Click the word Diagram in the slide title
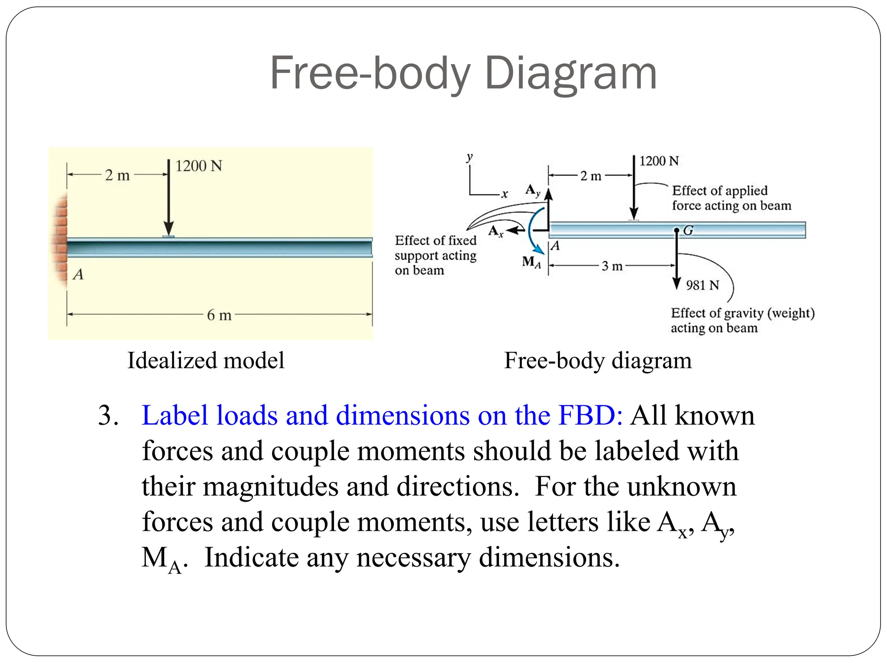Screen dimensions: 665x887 coord(570,74)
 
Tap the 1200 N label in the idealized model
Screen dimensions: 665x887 coord(198,166)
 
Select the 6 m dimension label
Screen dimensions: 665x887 coord(219,315)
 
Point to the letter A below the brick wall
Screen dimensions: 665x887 coord(78,274)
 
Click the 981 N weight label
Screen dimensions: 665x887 coord(702,285)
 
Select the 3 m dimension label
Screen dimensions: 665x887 coord(612,266)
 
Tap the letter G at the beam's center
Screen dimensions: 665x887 coord(688,230)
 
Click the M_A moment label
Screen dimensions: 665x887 coord(531,262)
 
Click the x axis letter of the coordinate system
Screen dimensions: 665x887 coord(505,194)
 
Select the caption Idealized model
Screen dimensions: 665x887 coord(206,361)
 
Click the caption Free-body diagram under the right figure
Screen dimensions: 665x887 coord(598,361)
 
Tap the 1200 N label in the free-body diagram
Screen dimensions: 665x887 coord(659,161)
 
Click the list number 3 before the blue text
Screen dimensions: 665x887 coord(108,416)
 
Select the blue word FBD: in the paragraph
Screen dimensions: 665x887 coord(590,416)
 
